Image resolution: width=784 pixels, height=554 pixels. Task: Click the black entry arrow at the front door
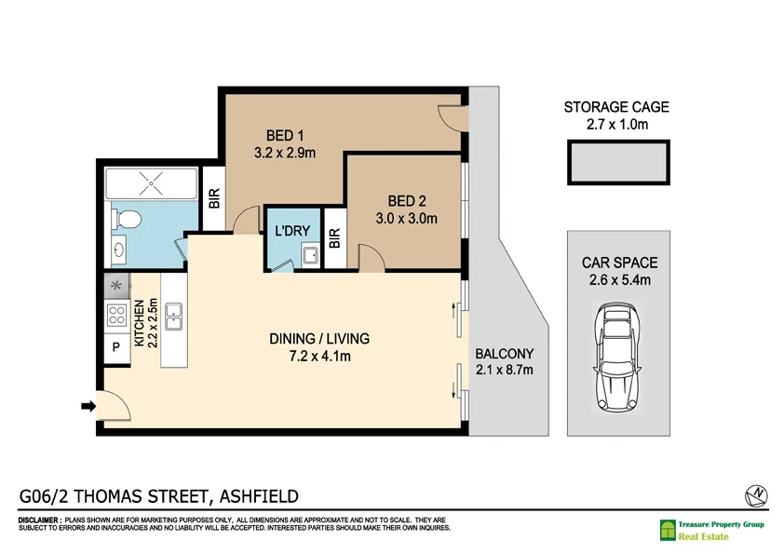pyautogui.click(x=88, y=406)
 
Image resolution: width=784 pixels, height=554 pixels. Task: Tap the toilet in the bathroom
pyautogui.click(x=127, y=220)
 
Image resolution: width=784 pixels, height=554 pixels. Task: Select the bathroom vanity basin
pyautogui.click(x=118, y=250)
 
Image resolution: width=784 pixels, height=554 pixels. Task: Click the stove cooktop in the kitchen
pyautogui.click(x=117, y=316)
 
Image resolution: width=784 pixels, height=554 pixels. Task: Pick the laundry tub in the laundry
pyautogui.click(x=310, y=256)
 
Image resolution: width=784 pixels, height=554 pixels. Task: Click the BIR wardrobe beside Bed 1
pyautogui.click(x=213, y=197)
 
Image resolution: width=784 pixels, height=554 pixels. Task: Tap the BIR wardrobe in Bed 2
pyautogui.click(x=334, y=237)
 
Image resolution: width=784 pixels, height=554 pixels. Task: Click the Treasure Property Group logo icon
pyautogui.click(x=668, y=531)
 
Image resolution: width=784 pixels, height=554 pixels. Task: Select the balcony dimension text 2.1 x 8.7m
pyautogui.click(x=504, y=371)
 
